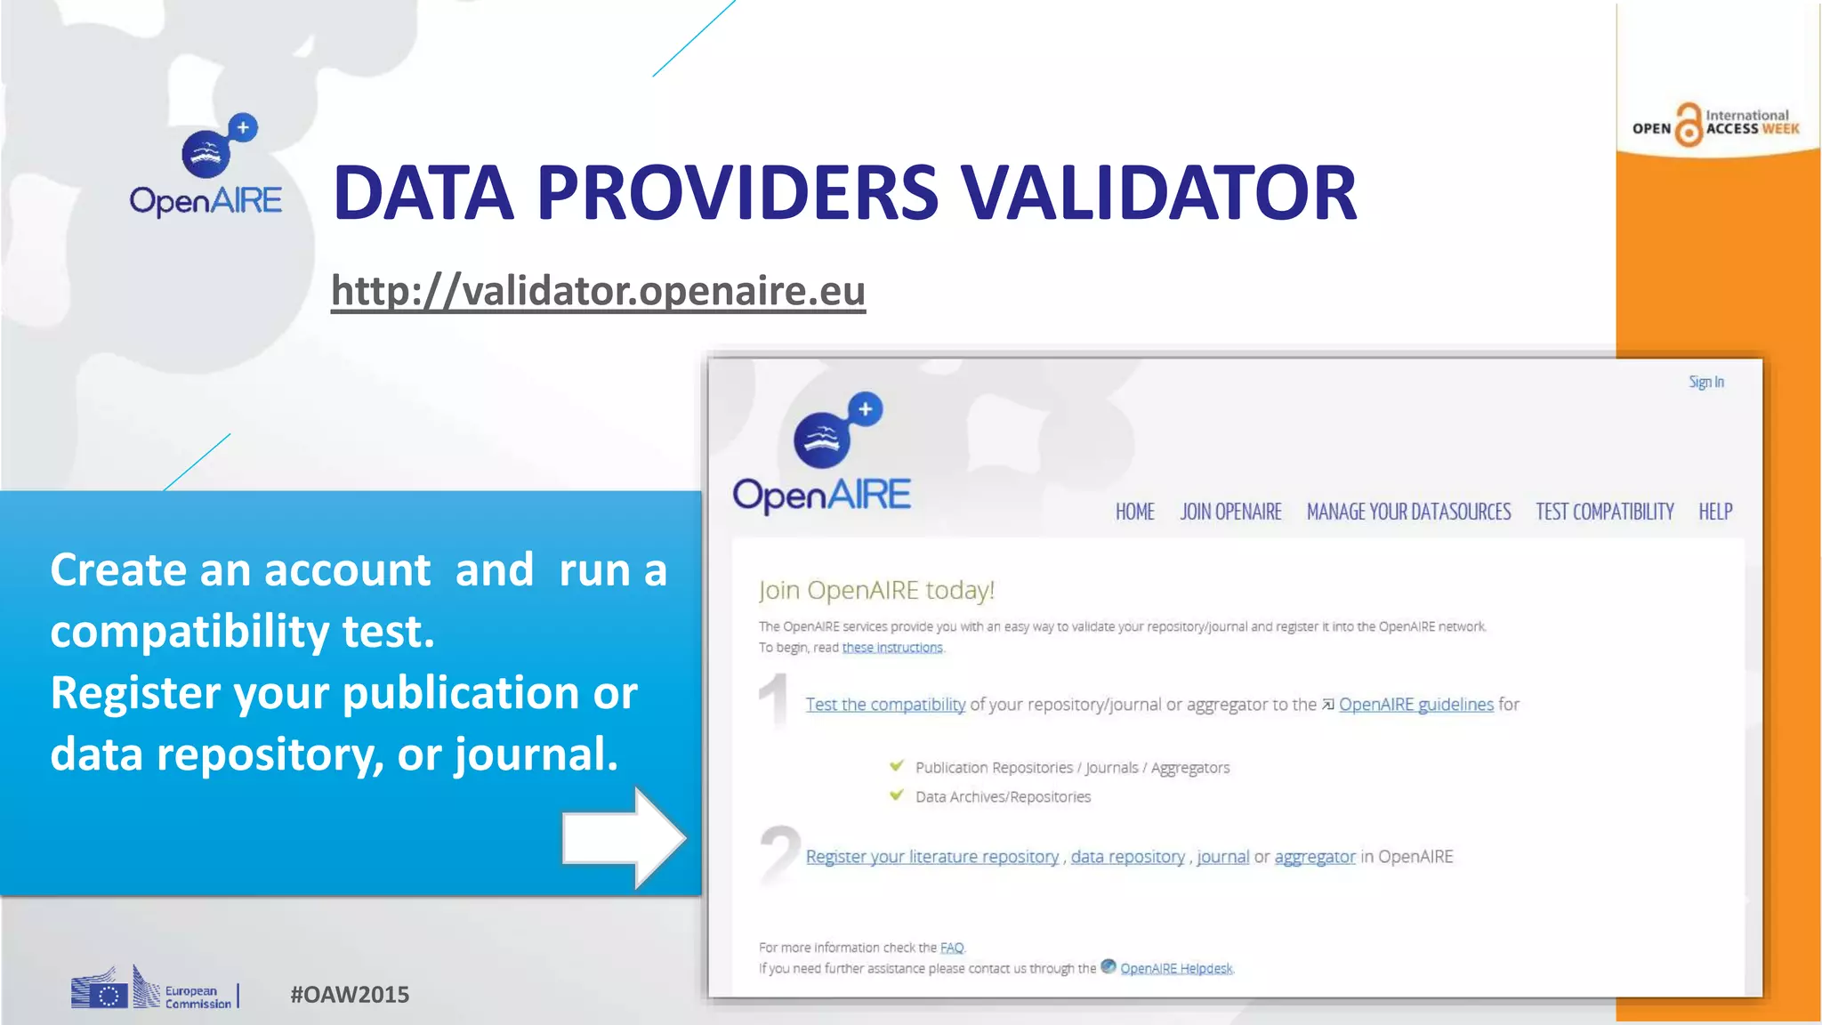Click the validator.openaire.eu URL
pos(598,291)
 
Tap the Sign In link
pos(1705,382)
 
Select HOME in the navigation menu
pos(1134,512)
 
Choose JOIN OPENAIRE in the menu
pos(1230,512)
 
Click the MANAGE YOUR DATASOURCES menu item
pos(1408,512)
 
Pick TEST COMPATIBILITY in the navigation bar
pos(1604,512)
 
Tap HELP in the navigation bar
pos(1714,512)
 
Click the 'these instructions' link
pos(891,648)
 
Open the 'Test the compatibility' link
pos(885,705)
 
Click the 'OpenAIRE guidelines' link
pos(1415,705)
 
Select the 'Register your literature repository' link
pos(931,857)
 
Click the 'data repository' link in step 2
pos(1127,857)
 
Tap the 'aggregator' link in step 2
pos(1314,857)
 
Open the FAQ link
pos(951,948)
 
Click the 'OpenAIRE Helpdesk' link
pos(1175,968)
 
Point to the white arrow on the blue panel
pos(623,837)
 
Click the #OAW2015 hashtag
pos(350,995)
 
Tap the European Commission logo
pos(153,989)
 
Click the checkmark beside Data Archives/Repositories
pos(897,795)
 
